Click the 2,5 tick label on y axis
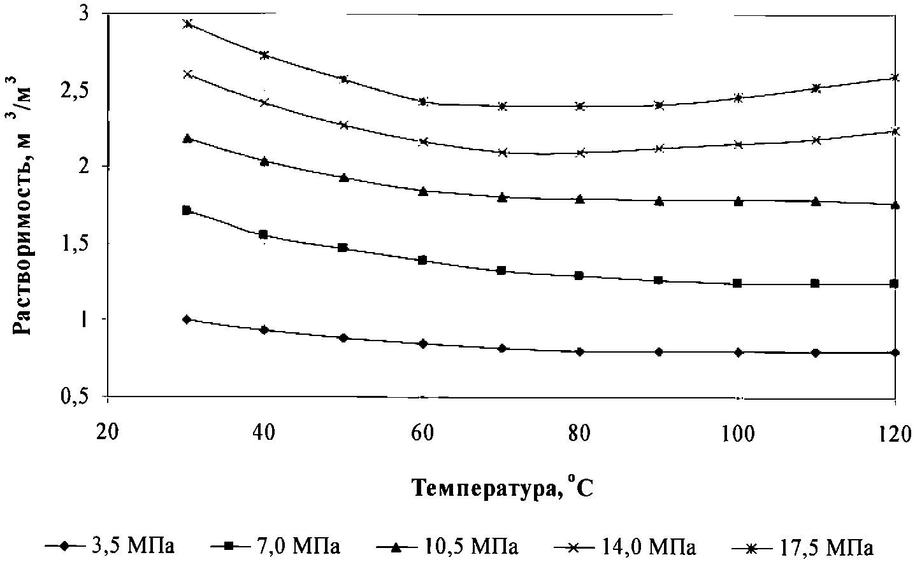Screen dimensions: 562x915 (x=83, y=91)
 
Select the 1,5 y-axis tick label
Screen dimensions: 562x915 (x=83, y=244)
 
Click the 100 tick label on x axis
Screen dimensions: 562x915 (x=738, y=433)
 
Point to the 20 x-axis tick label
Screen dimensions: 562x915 (x=108, y=433)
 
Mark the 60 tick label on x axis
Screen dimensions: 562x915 (x=422, y=433)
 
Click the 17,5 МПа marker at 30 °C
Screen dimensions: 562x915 (x=187, y=24)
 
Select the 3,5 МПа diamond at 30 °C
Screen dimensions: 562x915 (x=187, y=320)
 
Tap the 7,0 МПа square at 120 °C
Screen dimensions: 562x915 (x=895, y=283)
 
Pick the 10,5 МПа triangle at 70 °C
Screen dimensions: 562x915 (x=502, y=197)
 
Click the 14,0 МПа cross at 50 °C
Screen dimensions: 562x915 (x=344, y=125)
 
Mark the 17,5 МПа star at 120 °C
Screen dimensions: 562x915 (x=895, y=78)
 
